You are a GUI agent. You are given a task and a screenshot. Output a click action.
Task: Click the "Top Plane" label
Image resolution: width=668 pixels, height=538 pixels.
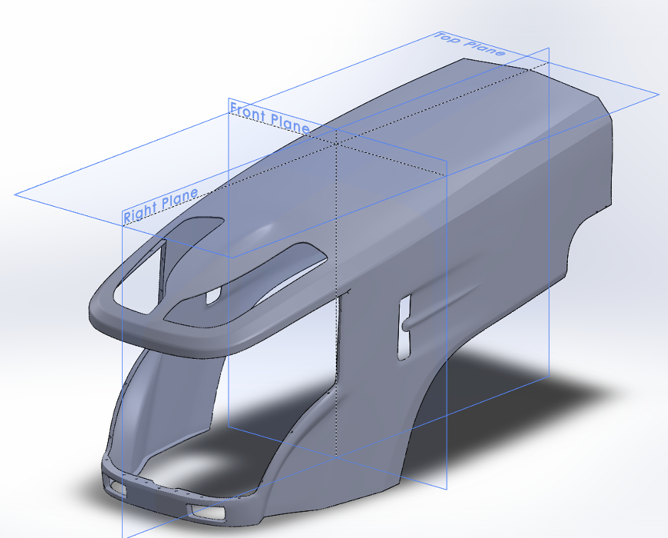tap(469, 44)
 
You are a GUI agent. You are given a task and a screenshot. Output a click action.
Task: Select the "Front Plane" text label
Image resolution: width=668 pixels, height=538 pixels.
tap(270, 117)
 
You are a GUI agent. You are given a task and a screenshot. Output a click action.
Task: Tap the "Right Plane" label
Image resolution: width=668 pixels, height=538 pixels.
tap(160, 205)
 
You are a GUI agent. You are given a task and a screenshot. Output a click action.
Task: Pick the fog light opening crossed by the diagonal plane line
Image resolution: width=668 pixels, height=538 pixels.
tap(207, 511)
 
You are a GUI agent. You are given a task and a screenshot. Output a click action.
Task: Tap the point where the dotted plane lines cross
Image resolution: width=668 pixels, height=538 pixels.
tap(337, 144)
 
